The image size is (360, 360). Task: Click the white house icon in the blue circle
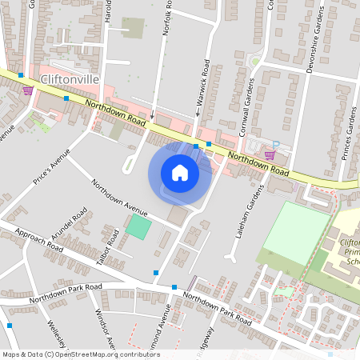tap(180, 172)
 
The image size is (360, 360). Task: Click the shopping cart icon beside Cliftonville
tap(29, 90)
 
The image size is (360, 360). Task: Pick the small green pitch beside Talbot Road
tap(138, 227)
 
